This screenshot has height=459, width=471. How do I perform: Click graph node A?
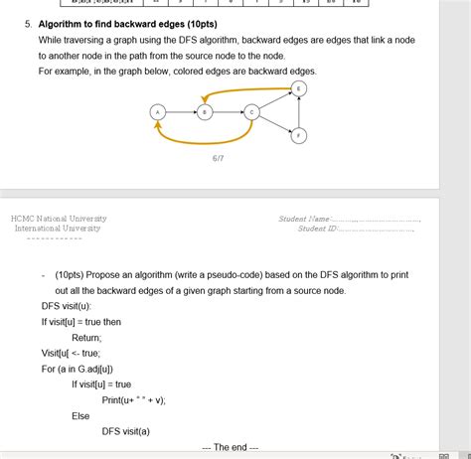click(157, 112)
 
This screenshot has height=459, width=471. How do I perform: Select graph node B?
click(204, 112)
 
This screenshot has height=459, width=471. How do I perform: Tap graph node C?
click(252, 112)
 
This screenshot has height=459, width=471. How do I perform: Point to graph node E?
click(299, 89)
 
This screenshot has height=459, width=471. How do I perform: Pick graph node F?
click(299, 135)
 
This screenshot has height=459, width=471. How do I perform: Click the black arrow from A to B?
click(180, 112)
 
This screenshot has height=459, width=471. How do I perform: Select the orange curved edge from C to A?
click(204, 142)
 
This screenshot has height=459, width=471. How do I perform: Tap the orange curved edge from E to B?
click(248, 90)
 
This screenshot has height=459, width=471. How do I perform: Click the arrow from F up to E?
click(299, 112)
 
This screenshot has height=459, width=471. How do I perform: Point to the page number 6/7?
click(218, 158)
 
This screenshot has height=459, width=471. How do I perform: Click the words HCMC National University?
click(59, 218)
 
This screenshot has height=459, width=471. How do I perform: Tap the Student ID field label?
click(317, 229)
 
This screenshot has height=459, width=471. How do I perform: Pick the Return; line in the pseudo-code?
click(86, 337)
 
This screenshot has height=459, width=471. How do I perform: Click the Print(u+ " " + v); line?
click(133, 399)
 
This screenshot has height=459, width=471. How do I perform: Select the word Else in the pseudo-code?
click(80, 415)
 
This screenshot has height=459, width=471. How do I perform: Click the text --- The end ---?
click(230, 447)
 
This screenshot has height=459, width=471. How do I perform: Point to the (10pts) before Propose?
click(69, 274)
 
